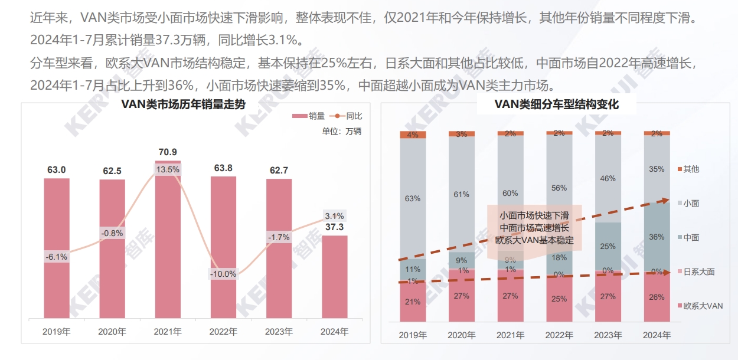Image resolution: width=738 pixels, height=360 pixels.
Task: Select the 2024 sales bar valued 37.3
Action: point(334,277)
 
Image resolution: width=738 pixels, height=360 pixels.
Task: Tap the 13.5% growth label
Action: point(168,169)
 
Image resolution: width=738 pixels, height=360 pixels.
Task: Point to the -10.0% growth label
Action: point(223,274)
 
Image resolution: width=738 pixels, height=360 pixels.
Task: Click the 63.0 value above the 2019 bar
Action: point(57,170)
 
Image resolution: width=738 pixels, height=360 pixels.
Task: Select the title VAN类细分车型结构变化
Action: point(556,104)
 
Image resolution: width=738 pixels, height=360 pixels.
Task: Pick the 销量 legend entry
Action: point(311,116)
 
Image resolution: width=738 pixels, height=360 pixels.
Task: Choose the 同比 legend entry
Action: point(348,116)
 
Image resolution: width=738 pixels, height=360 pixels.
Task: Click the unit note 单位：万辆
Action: point(341,131)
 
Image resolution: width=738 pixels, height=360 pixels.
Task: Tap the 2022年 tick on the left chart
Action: point(223,332)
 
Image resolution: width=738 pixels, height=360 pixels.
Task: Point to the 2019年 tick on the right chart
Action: point(413,335)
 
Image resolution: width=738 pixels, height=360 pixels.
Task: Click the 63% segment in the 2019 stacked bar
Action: point(413,198)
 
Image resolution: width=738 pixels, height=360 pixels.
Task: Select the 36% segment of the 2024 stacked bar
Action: point(657,237)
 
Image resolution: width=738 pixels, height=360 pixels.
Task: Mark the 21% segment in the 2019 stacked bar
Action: point(413,302)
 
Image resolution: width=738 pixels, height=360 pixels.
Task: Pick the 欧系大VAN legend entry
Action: point(702,306)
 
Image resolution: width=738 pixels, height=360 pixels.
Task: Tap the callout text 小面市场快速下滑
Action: point(534,215)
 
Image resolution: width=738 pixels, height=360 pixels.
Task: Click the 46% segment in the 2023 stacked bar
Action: point(608,178)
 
